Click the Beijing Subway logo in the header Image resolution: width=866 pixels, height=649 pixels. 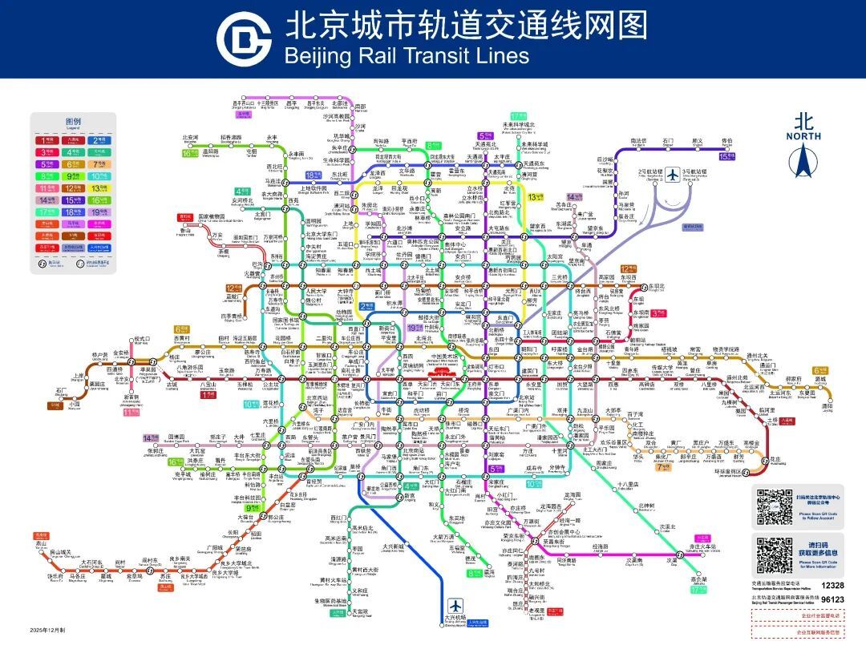(x=244, y=38)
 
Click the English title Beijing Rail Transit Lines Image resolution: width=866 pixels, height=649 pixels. (x=407, y=55)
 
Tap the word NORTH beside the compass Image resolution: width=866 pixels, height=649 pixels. (x=803, y=136)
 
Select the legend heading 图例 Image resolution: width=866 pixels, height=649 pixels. (x=73, y=122)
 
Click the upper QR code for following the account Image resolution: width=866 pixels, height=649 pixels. (x=775, y=506)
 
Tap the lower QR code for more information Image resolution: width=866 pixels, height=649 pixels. (x=775, y=555)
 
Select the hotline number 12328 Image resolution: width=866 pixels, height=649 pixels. (x=832, y=586)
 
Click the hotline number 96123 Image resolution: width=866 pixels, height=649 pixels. (x=832, y=599)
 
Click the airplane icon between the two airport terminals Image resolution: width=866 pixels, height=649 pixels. (x=673, y=175)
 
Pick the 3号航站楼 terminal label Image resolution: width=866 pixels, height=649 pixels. (x=694, y=171)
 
